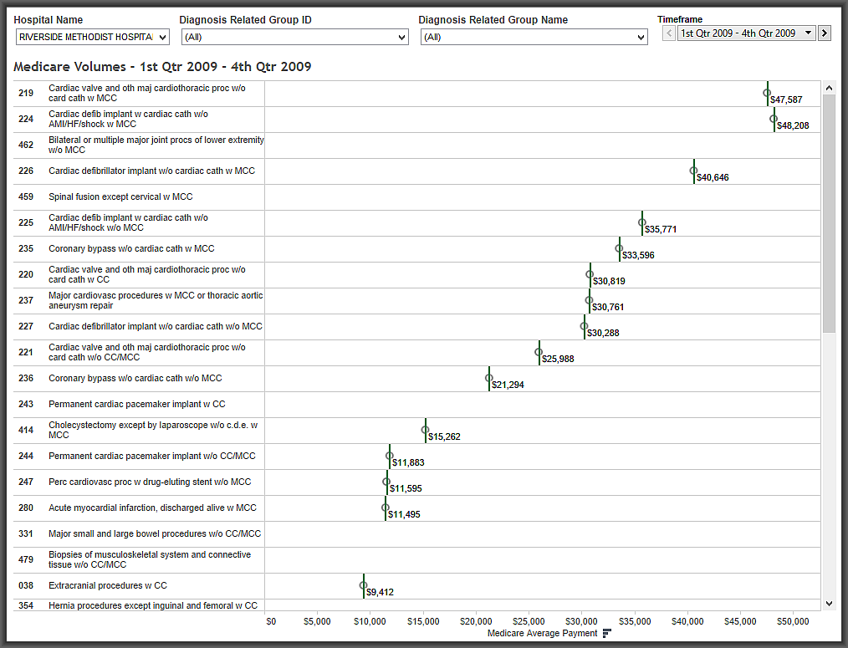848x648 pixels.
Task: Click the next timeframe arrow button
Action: [825, 33]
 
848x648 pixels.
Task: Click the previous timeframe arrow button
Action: [668, 33]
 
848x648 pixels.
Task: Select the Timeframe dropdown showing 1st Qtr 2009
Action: [746, 33]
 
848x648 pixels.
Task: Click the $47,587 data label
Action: [786, 99]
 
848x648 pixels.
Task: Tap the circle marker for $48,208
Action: [774, 119]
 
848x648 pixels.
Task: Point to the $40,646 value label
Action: [713, 177]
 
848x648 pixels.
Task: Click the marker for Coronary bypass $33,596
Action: [619, 248]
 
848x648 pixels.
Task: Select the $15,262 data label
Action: [444, 436]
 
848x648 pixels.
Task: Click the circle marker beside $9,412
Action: [364, 586]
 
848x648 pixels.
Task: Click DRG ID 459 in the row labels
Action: [26, 196]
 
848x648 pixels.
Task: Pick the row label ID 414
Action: [26, 430]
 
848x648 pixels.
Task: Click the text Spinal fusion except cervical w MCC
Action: [120, 196]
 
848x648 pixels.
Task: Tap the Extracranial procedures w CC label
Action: [108, 585]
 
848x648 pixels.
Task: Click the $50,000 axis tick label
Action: [793, 621]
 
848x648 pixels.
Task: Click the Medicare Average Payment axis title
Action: [542, 633]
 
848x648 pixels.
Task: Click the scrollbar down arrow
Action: [829, 603]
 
